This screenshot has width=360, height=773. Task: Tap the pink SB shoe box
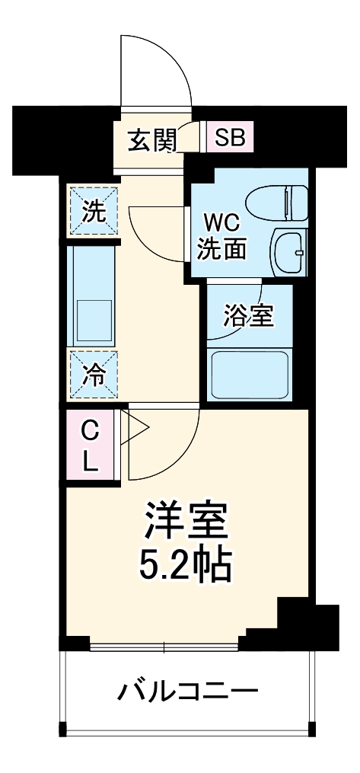click(230, 138)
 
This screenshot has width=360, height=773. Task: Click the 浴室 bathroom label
click(247, 315)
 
